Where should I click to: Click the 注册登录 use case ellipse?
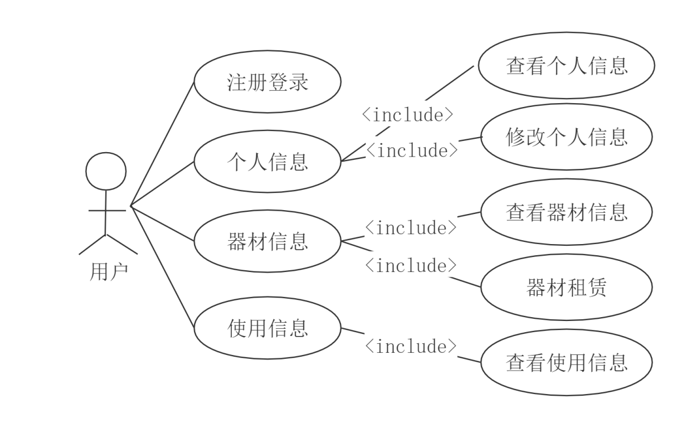(267, 82)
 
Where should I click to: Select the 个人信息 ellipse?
(267, 162)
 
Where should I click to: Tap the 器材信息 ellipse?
(267, 241)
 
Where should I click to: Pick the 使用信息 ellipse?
(267, 327)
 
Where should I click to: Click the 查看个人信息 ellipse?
(566, 66)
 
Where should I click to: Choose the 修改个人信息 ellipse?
(566, 137)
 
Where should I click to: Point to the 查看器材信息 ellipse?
(566, 212)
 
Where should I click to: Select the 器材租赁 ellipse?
(566, 288)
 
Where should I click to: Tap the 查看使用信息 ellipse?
(566, 362)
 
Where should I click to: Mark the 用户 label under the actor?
(109, 272)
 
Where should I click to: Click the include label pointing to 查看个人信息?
(408, 114)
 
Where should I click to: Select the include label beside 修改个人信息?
(412, 149)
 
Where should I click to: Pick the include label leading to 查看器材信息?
(411, 227)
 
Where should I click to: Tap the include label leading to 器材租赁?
(411, 265)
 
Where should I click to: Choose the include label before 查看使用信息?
(411, 346)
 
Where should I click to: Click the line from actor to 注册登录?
(162, 144)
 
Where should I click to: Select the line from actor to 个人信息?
(162, 184)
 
